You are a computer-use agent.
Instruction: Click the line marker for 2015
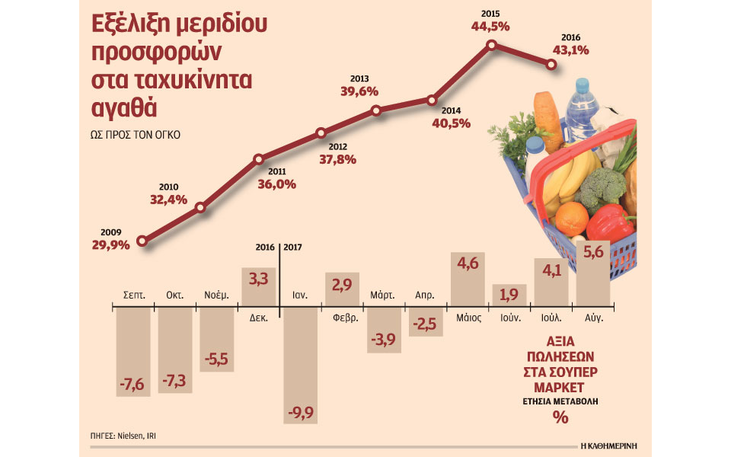[492, 46]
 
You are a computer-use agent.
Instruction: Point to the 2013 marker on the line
[376, 110]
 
